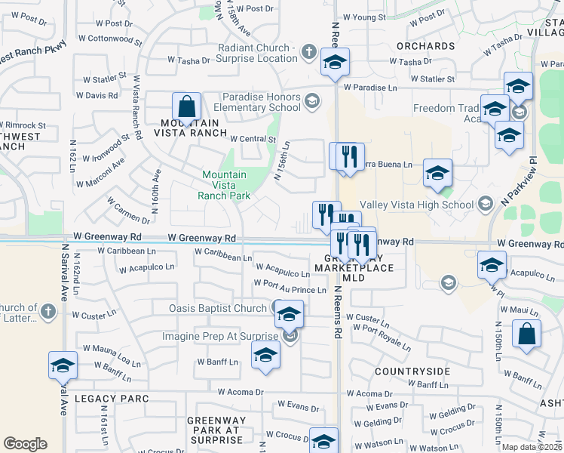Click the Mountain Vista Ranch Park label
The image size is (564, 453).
pyautogui.click(x=224, y=185)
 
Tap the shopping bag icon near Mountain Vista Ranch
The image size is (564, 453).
pyautogui.click(x=185, y=106)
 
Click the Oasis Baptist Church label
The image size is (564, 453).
pyautogui.click(x=217, y=308)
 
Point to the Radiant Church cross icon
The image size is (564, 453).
pyautogui.click(x=308, y=52)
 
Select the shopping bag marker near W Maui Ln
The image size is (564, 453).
pyautogui.click(x=526, y=334)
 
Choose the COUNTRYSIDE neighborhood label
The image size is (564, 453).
pyautogui.click(x=412, y=371)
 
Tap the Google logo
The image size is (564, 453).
pyautogui.click(x=25, y=444)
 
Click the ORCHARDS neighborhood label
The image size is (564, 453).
pyautogui.click(x=426, y=46)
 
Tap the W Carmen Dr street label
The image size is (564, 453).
pyautogui.click(x=128, y=211)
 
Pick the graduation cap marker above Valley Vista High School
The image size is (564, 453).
pyautogui.click(x=437, y=174)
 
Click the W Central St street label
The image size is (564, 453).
pyautogui.click(x=253, y=139)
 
